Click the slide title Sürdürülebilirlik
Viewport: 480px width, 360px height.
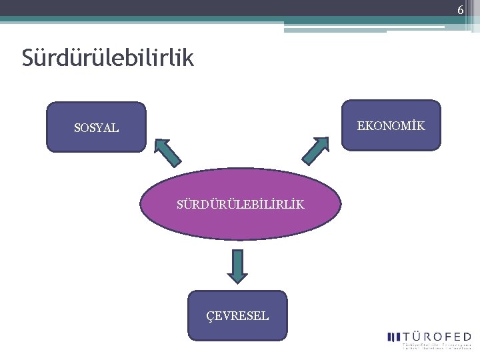click(107, 58)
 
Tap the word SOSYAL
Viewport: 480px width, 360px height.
click(97, 128)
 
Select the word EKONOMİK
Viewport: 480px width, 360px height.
click(391, 125)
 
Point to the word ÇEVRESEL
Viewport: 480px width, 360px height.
click(238, 316)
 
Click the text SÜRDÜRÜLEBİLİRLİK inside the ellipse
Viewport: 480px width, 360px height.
click(240, 204)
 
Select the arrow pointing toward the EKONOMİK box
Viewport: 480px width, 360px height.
click(315, 151)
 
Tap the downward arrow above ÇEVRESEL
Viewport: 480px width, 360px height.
click(237, 265)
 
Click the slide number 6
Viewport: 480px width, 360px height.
click(460, 10)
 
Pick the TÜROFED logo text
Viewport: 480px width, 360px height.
click(437, 337)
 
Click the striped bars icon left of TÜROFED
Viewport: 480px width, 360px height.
click(393, 337)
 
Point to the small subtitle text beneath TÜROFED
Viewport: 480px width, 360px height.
click(437, 346)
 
